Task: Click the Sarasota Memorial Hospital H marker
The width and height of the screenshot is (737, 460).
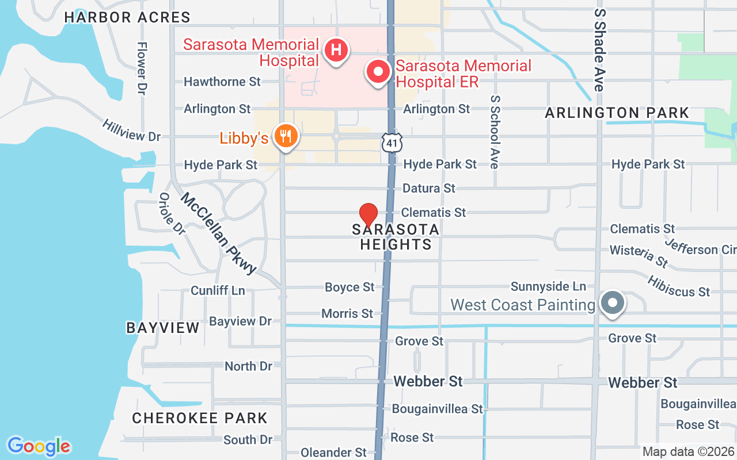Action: pos(337,50)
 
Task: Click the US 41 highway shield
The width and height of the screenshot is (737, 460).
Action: pos(391,142)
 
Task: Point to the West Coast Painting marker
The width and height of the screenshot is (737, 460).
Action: pos(613,302)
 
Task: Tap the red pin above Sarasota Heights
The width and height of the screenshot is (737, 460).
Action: pos(368,215)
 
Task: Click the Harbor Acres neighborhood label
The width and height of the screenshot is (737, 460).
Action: pos(127,17)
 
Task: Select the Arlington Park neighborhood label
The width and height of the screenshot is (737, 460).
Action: pos(617,113)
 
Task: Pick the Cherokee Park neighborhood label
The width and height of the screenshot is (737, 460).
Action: pos(200,418)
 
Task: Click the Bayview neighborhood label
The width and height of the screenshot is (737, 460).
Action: pos(163,328)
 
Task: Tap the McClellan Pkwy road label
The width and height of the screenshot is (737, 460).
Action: pos(218,233)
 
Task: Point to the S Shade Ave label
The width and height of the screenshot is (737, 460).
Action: pos(600,49)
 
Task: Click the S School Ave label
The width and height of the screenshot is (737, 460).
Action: pos(494,132)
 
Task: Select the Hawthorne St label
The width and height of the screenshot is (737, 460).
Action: pos(222,82)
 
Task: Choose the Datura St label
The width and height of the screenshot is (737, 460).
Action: pos(429,188)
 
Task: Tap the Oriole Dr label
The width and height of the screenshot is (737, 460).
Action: pos(172,213)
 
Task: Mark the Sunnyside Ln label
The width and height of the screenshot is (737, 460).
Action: pos(548,286)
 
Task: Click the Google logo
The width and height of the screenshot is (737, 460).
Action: pos(39,446)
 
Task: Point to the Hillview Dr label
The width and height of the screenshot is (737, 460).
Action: pos(131,130)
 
